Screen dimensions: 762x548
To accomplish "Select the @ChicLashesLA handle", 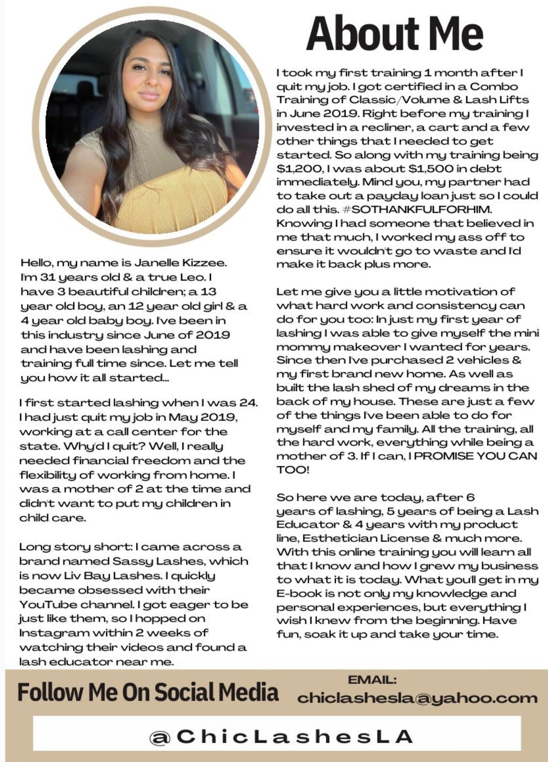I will point(281,736).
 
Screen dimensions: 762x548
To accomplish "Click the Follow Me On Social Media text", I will point(148,692).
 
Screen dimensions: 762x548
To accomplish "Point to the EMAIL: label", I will point(372,680).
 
